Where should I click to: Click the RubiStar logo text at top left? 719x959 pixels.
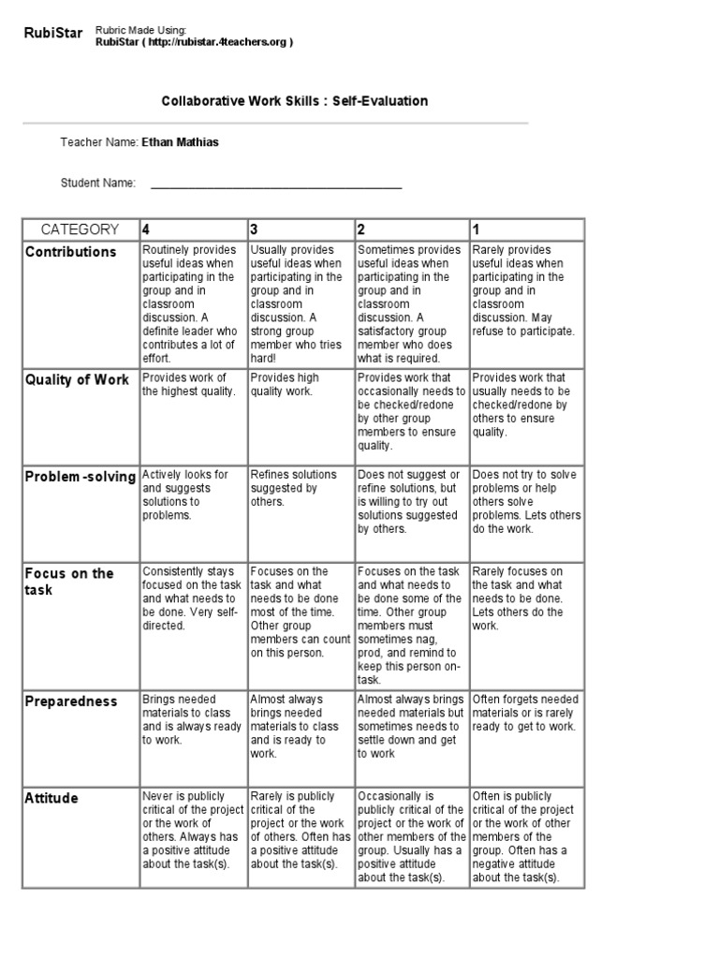point(53,35)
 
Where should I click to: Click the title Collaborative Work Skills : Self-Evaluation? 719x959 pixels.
point(296,100)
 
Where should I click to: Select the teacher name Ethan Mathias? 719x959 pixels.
point(182,142)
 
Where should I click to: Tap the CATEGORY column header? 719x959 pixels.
point(80,229)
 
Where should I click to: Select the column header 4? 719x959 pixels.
point(146,229)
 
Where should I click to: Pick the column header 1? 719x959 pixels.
point(477,229)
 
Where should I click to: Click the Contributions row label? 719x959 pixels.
point(71,252)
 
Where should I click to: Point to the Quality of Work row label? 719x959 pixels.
point(78,379)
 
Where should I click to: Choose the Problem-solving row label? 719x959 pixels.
point(81,477)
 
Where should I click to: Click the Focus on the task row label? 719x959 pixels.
point(69,582)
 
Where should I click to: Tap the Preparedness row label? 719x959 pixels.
point(71,701)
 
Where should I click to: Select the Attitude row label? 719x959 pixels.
point(51,798)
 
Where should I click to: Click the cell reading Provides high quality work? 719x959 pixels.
point(285,384)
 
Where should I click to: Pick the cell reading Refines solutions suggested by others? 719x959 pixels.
point(285,488)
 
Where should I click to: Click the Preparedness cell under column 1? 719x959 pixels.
point(524,713)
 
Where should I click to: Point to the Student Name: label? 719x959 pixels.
point(98,183)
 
